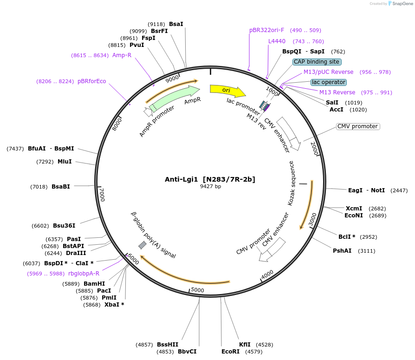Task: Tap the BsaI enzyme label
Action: coord(176,24)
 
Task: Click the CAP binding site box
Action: coord(317,61)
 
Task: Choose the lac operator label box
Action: coord(329,82)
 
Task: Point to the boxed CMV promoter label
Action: coord(357,126)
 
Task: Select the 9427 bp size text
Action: coord(210,186)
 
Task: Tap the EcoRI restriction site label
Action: coord(231,351)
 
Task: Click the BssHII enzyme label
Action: coord(168,345)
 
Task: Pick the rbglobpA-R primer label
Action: coord(84,274)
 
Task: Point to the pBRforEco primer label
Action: coord(91,81)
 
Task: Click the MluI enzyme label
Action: coord(65,162)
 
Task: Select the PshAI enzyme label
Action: coord(342,251)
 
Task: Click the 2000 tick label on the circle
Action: coord(314,150)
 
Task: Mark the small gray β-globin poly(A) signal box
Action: coord(143,245)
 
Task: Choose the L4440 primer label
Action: coord(277,41)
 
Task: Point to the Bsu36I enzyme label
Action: coord(64,226)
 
